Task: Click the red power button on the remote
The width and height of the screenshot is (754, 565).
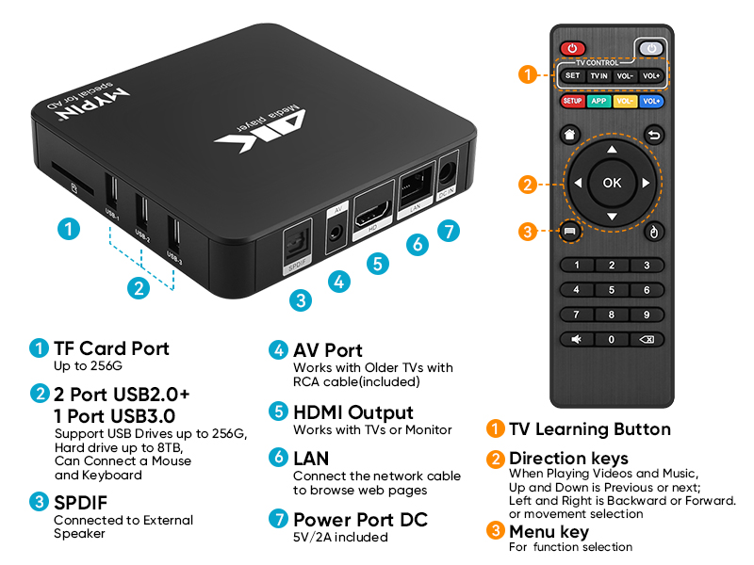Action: pyautogui.click(x=572, y=47)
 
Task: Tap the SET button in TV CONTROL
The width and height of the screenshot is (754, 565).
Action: pyautogui.click(x=572, y=75)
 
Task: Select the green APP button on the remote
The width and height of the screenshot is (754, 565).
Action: pyautogui.click(x=598, y=101)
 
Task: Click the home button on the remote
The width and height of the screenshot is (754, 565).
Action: pyautogui.click(x=570, y=135)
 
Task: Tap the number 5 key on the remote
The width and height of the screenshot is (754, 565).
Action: pyautogui.click(x=612, y=290)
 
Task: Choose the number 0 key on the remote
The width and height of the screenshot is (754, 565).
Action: pyautogui.click(x=612, y=339)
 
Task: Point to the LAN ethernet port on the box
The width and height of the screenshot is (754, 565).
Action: pyautogui.click(x=413, y=185)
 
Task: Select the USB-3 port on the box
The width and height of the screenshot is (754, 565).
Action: pyautogui.click(x=174, y=234)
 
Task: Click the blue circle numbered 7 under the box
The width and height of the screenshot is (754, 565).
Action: pyautogui.click(x=449, y=230)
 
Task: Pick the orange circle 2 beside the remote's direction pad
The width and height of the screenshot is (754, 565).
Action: pyautogui.click(x=529, y=185)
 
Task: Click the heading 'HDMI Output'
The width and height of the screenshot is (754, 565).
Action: pyautogui.click(x=353, y=412)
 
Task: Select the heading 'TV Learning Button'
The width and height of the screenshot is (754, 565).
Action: pyautogui.click(x=590, y=429)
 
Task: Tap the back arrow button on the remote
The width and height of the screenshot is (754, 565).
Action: pyautogui.click(x=653, y=135)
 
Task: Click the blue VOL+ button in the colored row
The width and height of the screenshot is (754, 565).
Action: pyautogui.click(x=651, y=101)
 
